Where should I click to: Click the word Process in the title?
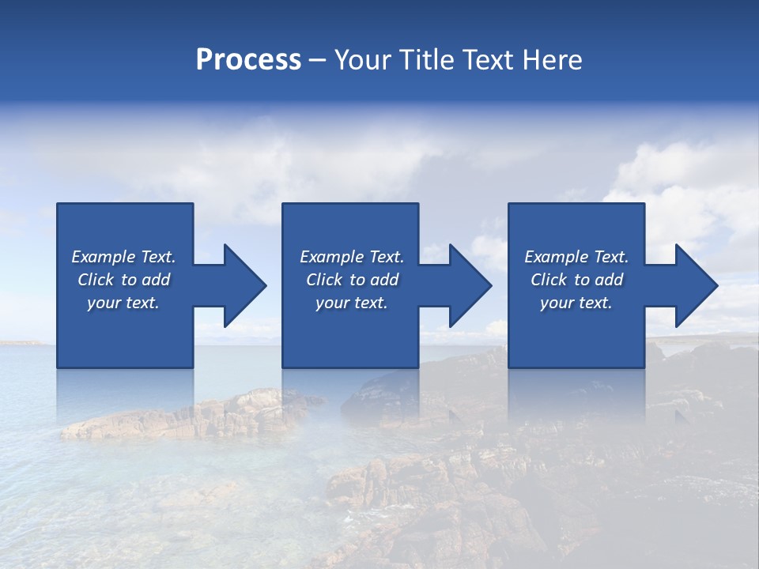tap(248, 60)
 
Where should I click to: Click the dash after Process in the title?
tap(317, 61)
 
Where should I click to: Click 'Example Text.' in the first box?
tap(123, 257)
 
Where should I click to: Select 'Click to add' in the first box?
tap(123, 280)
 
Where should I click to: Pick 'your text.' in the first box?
tap(123, 303)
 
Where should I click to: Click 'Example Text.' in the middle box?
tap(352, 257)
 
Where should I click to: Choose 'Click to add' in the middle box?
tap(352, 280)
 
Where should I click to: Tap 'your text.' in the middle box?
tap(352, 303)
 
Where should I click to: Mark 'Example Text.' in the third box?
tap(576, 257)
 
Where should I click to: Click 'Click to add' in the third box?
tap(576, 280)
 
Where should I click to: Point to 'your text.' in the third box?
tap(576, 303)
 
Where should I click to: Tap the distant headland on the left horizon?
tap(20, 342)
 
